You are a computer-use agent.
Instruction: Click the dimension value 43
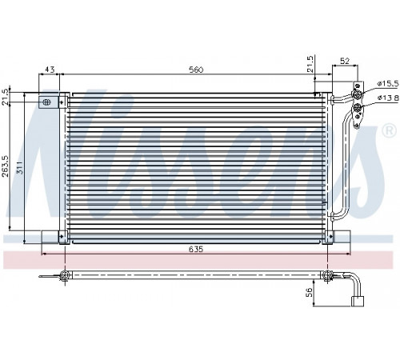click(x=50, y=70)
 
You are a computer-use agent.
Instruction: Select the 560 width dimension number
click(x=196, y=70)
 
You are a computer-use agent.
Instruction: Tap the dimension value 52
click(x=345, y=61)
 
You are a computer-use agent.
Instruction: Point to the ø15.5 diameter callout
click(x=388, y=83)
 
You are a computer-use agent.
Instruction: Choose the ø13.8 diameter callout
click(x=388, y=98)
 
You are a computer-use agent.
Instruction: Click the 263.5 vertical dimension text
click(x=6, y=166)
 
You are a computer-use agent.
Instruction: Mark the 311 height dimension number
click(x=20, y=167)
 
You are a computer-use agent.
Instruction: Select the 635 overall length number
click(x=196, y=249)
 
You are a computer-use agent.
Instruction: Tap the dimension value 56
click(x=309, y=293)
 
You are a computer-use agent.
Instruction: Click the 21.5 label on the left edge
click(x=6, y=98)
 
